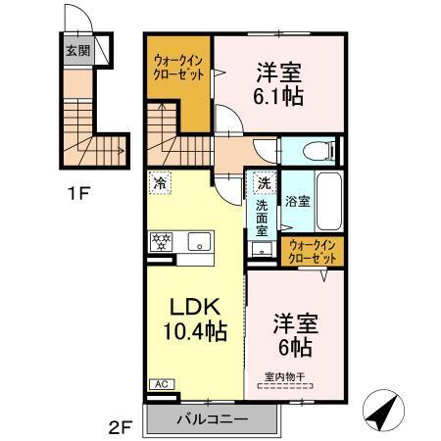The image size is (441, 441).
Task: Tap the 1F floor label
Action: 78,192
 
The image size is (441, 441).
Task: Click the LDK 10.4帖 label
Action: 196,318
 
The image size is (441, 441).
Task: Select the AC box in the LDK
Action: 159,385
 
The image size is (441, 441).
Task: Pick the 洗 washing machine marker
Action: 263,182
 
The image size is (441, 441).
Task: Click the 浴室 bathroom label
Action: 297,201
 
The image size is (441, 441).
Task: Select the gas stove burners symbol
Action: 161,240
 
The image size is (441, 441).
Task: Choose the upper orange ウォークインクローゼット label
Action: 177,70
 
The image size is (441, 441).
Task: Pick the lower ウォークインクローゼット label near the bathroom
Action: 313,251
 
